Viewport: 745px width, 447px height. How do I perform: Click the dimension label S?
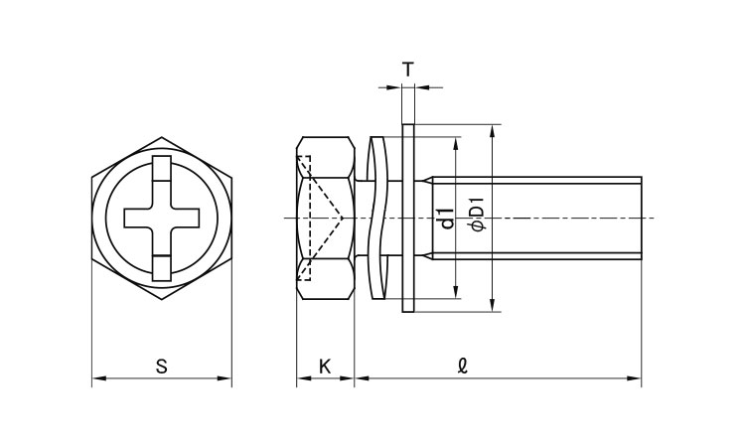[x=162, y=367]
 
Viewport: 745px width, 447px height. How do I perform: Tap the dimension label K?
[x=325, y=367]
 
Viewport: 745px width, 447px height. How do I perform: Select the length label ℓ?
[x=463, y=366]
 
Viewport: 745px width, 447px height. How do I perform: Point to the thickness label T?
[x=407, y=70]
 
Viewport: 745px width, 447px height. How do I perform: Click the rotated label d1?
[x=447, y=219]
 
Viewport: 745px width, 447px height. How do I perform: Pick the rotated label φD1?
[x=478, y=215]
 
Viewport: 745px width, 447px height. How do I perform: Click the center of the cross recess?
[x=162, y=219]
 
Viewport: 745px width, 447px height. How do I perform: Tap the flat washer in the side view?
[x=408, y=219]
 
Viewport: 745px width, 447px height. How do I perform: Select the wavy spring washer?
[x=377, y=219]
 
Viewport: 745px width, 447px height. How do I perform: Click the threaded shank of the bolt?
[x=536, y=219]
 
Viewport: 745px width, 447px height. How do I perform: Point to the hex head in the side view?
[x=326, y=219]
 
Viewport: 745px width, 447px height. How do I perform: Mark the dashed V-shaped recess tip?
[x=342, y=219]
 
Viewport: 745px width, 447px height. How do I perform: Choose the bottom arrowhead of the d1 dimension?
[x=456, y=292]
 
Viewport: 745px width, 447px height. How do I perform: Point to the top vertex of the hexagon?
[x=162, y=137]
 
